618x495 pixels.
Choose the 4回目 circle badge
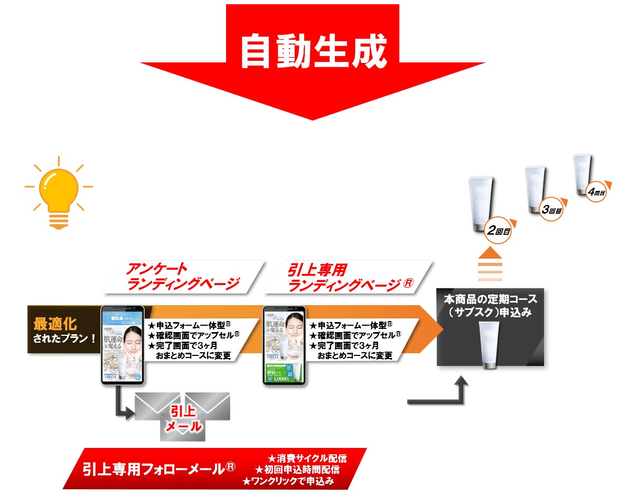(x=596, y=191)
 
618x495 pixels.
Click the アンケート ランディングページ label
(x=183, y=277)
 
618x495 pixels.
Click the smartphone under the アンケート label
(x=123, y=344)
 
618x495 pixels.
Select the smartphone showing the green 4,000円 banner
(x=285, y=344)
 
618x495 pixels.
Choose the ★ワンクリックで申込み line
(x=288, y=481)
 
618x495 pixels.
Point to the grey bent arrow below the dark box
(x=444, y=394)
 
